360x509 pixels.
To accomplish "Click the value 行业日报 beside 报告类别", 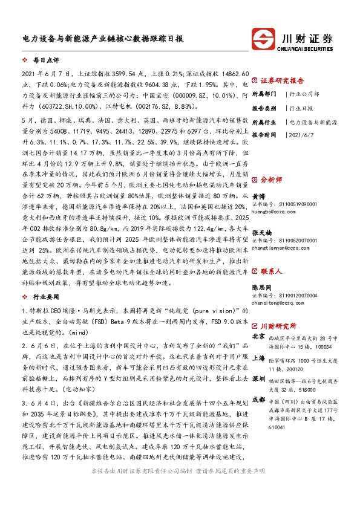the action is [x=301, y=108].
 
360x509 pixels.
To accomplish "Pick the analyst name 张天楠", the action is [x=261, y=233].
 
